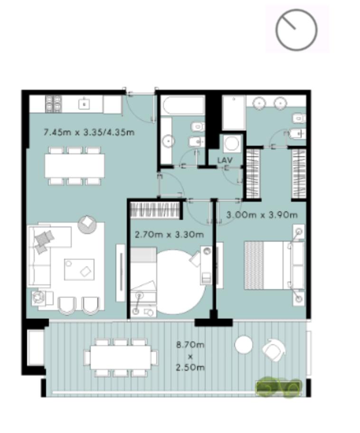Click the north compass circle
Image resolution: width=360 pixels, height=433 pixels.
coord(296,9)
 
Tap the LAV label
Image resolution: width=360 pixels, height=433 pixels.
coord(225,160)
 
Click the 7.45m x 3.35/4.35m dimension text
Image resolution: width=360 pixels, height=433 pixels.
coord(89,132)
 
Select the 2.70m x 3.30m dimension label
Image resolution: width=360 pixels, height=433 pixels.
coord(169,235)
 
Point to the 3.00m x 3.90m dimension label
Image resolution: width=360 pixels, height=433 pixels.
coord(262,215)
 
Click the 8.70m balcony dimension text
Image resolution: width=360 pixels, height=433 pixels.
coord(190,345)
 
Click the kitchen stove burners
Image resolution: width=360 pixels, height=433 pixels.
coord(54,104)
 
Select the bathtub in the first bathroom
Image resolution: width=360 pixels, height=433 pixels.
coord(183,105)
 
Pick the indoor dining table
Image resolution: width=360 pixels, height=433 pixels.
coord(75,166)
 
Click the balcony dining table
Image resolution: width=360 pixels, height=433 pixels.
coord(121,358)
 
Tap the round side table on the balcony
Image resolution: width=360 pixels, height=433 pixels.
coord(244,344)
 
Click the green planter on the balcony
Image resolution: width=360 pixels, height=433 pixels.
coord(278,387)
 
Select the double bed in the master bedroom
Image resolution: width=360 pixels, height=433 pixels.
coord(275,265)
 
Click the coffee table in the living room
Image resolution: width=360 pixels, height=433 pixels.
coord(79,270)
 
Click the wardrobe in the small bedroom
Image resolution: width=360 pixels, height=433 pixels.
coord(156,211)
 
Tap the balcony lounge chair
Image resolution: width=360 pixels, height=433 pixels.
coord(274,349)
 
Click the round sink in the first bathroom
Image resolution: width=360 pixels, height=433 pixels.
coord(168,141)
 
